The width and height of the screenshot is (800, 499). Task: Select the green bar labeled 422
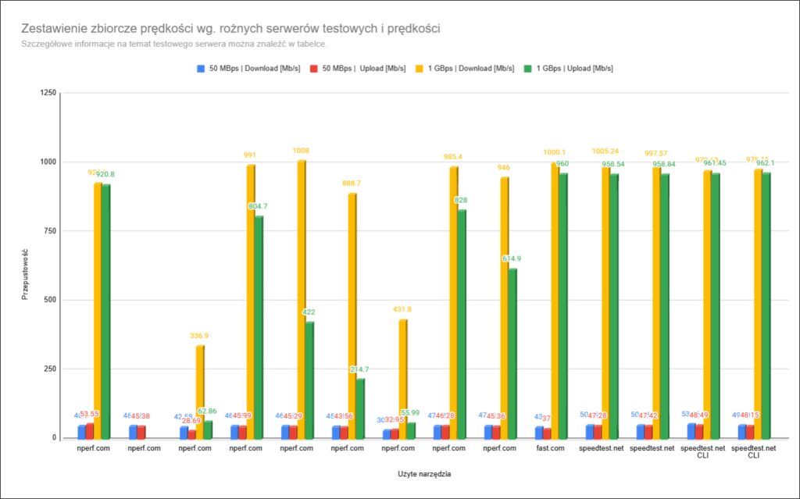coord(309,380)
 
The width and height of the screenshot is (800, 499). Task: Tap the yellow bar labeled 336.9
coord(199,391)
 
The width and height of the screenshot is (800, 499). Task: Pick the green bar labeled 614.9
coord(512,353)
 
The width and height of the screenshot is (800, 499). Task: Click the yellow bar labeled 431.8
coord(402,379)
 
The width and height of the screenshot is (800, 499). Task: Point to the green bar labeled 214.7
coord(360,408)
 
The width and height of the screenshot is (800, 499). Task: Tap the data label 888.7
coord(352,183)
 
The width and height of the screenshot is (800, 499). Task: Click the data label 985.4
coord(453,156)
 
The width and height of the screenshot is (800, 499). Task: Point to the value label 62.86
coord(208,411)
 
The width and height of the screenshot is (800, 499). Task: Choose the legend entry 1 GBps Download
coord(470,68)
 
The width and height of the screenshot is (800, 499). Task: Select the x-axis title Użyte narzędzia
coord(424,473)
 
